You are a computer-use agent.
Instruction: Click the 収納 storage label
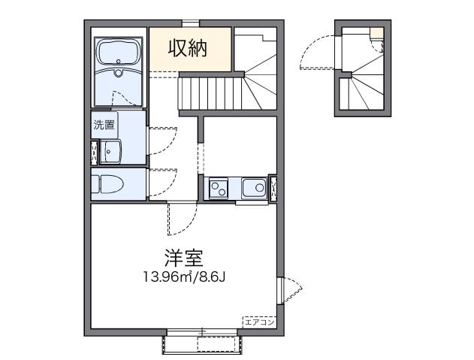coord(187,49)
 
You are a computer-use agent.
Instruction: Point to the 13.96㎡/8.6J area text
coord(185,277)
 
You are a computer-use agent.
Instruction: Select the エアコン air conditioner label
coord(258,321)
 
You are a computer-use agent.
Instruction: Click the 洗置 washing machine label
coord(104,126)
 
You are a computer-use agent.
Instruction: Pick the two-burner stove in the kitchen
coord(219,188)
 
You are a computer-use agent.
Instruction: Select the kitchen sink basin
coord(252,187)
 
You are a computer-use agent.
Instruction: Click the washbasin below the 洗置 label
coord(113,151)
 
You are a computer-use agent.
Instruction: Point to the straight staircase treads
coord(208,94)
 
